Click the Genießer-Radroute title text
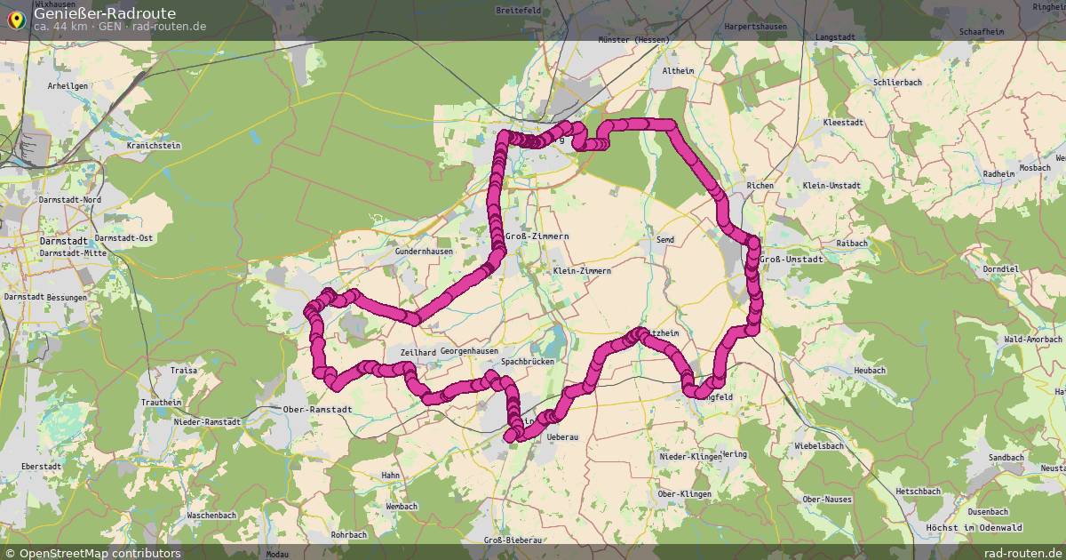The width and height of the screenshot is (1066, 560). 105,13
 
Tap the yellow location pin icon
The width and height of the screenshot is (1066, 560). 16,18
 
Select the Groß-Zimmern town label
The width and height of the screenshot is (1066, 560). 537,236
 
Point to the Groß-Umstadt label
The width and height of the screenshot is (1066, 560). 792,259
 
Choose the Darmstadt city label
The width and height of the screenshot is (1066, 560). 63,241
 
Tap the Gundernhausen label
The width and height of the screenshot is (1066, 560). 425,252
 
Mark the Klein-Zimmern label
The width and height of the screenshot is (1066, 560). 582,270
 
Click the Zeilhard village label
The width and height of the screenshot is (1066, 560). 418,352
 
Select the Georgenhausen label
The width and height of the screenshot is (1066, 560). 469,351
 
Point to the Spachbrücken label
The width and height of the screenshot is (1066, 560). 528,363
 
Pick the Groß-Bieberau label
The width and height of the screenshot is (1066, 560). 513,540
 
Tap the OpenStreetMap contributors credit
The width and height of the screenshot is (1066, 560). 91,553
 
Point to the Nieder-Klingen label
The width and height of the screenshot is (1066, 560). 691,456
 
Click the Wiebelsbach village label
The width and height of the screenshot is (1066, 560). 825,445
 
